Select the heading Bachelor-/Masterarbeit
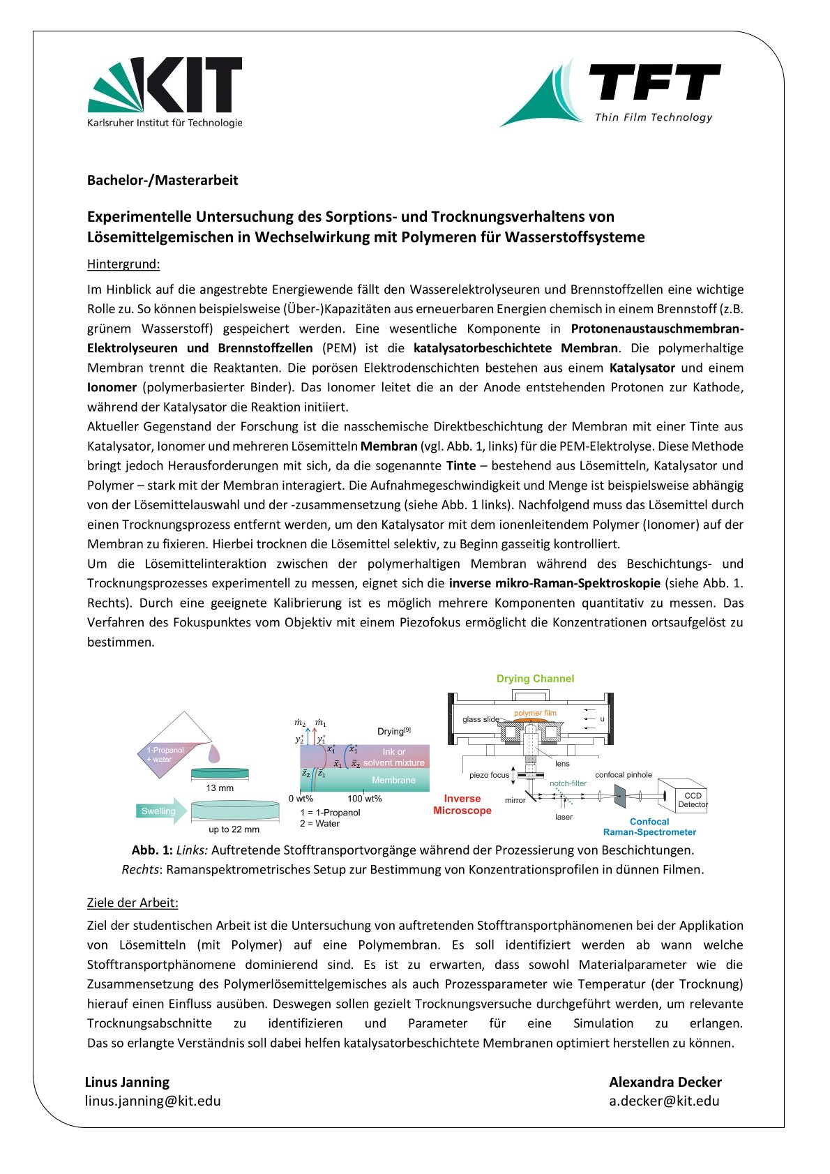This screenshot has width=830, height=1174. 163,180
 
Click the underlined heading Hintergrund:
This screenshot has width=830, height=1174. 123,264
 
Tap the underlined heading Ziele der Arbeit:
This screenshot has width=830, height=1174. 133,903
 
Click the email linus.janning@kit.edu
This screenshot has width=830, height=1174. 153,1101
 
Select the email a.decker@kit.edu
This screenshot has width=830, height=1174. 664,1101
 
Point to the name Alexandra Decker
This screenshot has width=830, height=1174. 665,1082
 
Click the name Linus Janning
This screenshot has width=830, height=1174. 127,1082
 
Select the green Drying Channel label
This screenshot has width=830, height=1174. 535,679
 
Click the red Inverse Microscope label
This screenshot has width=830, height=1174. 462,804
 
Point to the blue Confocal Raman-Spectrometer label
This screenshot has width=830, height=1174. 649,827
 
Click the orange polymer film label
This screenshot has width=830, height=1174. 535,713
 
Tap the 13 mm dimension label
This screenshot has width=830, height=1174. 220,788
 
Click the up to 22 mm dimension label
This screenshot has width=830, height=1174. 234,829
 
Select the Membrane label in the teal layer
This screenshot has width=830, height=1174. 393,781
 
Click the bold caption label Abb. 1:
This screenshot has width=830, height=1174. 152,850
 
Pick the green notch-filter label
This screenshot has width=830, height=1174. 568,783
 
